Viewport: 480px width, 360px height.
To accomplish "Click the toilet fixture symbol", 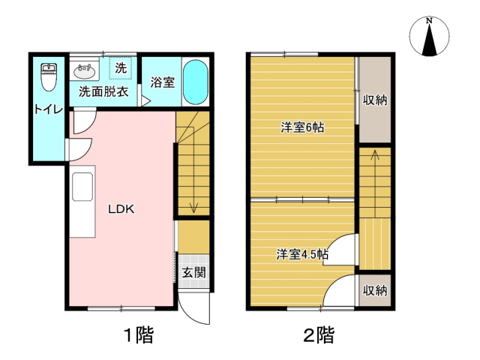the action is (x=49, y=77).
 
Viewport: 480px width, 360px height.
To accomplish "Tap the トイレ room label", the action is (x=49, y=109).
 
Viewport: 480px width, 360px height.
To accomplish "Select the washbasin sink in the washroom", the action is (x=85, y=71).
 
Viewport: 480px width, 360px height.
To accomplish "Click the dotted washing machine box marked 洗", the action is (x=121, y=68).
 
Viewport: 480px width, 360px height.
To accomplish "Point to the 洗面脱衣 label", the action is (x=103, y=91).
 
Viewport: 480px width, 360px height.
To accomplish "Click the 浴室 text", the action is (x=163, y=82).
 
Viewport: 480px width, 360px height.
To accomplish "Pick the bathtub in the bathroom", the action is (x=196, y=82).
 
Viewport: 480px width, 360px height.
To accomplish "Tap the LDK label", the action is (x=121, y=209).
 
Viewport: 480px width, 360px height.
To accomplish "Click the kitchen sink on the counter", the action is (x=82, y=187).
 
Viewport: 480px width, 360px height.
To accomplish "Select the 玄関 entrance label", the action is (x=193, y=272).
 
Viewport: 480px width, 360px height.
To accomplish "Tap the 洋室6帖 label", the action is (x=302, y=127).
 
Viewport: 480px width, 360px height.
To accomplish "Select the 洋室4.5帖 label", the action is (x=302, y=254).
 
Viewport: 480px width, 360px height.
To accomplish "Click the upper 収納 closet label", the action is (x=375, y=100).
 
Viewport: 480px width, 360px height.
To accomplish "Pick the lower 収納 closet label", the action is (x=375, y=290).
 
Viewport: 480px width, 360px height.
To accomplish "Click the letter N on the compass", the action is (x=429, y=21).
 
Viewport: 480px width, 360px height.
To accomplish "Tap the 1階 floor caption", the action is (x=138, y=335).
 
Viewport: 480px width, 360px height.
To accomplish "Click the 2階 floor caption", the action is (x=319, y=335).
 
